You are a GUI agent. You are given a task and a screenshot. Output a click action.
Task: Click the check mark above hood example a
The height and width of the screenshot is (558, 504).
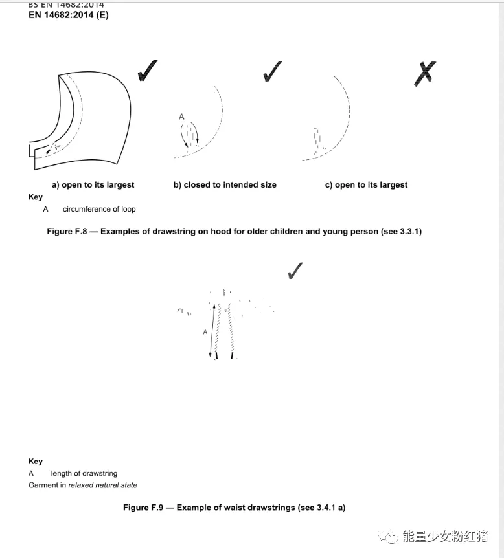click(147, 71)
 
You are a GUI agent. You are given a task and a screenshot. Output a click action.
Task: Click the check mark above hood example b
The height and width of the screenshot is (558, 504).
click(272, 71)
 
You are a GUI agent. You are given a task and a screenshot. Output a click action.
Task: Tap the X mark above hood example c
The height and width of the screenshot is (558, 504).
click(425, 73)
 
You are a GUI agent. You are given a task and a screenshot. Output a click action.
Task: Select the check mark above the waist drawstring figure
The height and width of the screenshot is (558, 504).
click(295, 271)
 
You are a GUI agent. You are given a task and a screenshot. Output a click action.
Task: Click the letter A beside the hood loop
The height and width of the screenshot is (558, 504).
click(181, 117)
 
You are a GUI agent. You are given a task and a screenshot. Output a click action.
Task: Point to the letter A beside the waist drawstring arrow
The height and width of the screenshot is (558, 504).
click(205, 332)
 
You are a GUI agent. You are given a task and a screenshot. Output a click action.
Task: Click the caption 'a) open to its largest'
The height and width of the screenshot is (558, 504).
click(93, 185)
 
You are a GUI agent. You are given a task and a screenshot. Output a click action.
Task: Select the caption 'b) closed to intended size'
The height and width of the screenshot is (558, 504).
click(225, 185)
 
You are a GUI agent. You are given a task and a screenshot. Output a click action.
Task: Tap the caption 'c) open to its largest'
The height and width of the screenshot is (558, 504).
click(366, 185)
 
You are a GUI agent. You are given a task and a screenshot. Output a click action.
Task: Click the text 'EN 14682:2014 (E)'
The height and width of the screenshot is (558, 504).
click(69, 15)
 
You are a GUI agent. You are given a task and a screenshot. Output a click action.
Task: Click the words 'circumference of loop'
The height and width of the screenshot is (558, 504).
click(99, 209)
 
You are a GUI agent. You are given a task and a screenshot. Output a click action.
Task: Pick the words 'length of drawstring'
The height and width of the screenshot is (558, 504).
click(84, 473)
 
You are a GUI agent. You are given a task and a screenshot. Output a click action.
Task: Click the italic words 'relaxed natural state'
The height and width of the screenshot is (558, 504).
click(102, 485)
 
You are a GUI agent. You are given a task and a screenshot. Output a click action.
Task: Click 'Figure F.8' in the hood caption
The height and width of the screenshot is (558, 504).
click(67, 231)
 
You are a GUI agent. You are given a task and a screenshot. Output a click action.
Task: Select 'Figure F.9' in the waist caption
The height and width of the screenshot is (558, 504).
click(143, 508)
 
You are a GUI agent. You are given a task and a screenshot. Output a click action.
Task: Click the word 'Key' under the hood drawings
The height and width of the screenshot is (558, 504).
click(36, 197)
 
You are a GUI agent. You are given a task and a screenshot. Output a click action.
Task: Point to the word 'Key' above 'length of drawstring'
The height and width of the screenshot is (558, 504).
click(36, 462)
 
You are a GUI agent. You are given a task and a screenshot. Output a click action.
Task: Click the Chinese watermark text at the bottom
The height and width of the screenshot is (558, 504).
click(445, 536)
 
